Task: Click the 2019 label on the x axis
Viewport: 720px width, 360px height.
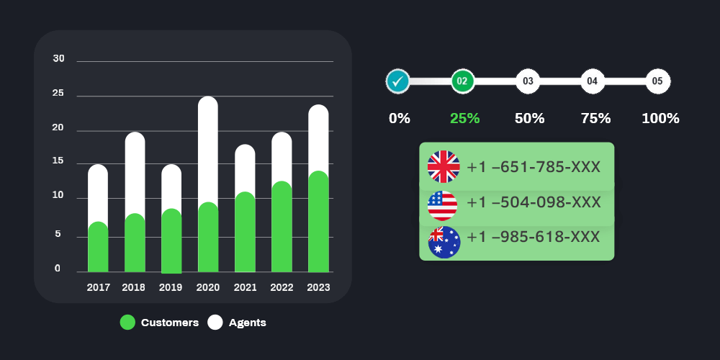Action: (x=171, y=287)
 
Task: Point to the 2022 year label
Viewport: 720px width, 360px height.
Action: (x=282, y=287)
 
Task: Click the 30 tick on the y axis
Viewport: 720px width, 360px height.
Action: (x=59, y=58)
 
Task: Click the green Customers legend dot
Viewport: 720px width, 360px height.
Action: (x=127, y=323)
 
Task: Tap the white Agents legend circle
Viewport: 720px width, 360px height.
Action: (x=215, y=323)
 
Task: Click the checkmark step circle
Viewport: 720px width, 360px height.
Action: (x=397, y=81)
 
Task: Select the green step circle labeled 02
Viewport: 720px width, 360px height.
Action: (x=463, y=81)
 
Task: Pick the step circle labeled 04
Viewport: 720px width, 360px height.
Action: (x=593, y=81)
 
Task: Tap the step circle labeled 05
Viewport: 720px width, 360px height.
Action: (x=657, y=81)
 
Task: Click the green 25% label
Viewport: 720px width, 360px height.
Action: (x=464, y=119)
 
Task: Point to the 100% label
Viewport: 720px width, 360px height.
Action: (x=660, y=119)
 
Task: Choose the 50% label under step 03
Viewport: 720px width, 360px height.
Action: (x=529, y=119)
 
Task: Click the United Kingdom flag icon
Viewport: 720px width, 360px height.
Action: (x=444, y=167)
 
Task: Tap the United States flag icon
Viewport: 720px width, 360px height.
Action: (x=442, y=204)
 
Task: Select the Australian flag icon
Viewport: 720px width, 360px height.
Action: (x=444, y=242)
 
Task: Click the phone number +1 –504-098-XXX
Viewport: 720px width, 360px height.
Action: (x=534, y=202)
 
